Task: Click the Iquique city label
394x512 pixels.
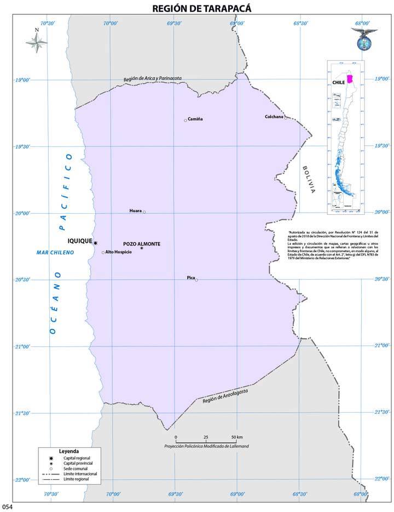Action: tap(80, 241)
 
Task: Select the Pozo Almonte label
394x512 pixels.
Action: tap(142, 243)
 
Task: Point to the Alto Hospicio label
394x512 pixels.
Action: tap(118, 252)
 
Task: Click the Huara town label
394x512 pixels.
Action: tap(135, 211)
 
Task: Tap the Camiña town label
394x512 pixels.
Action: tap(195, 119)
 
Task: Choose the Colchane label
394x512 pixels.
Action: tap(274, 116)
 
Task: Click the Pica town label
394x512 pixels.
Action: tap(190, 278)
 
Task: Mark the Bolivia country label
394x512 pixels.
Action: tap(309, 180)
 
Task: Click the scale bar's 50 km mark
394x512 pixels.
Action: tap(236, 437)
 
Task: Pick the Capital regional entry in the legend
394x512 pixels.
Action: tap(77, 457)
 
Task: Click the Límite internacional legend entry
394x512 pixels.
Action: tap(80, 473)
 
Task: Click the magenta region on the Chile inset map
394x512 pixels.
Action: tap(350, 82)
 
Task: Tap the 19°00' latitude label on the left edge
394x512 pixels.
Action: tap(22, 80)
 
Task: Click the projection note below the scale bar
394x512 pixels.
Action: tap(206, 447)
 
